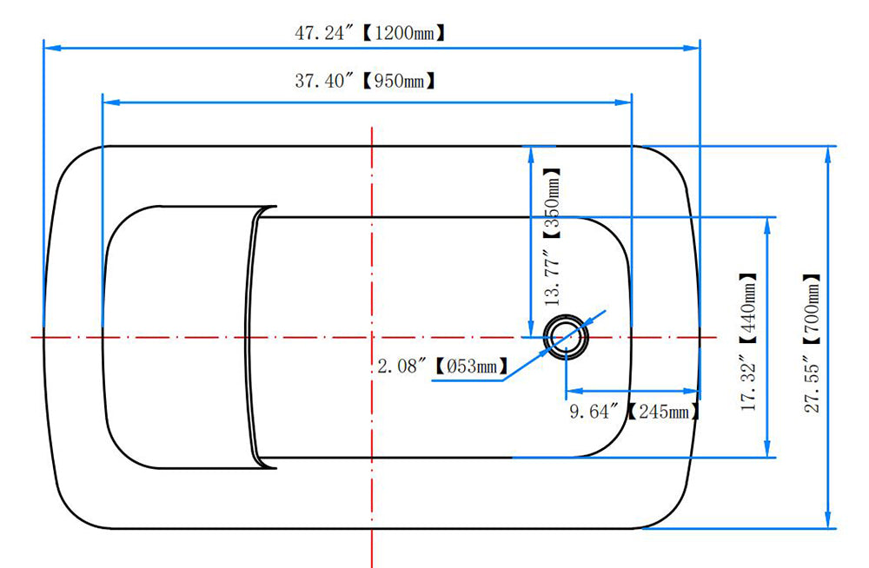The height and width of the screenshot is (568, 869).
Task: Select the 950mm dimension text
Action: (x=398, y=82)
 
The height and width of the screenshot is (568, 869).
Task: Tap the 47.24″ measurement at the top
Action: (x=323, y=33)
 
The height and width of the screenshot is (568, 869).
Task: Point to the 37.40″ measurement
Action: (x=323, y=82)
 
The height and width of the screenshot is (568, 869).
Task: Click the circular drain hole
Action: (x=566, y=336)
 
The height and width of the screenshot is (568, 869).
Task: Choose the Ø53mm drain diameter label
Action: (x=471, y=366)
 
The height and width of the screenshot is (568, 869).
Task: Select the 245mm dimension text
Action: (x=663, y=411)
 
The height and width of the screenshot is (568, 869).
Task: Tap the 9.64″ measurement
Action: (x=594, y=411)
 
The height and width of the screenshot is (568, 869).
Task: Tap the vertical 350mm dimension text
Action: (x=553, y=203)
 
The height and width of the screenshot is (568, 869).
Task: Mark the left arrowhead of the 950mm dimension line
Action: (x=112, y=102)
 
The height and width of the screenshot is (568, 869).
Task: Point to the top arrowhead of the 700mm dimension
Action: (x=828, y=155)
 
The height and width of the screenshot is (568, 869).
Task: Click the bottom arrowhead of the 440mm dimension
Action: (x=767, y=449)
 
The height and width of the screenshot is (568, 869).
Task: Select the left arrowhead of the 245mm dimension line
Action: (x=574, y=391)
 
